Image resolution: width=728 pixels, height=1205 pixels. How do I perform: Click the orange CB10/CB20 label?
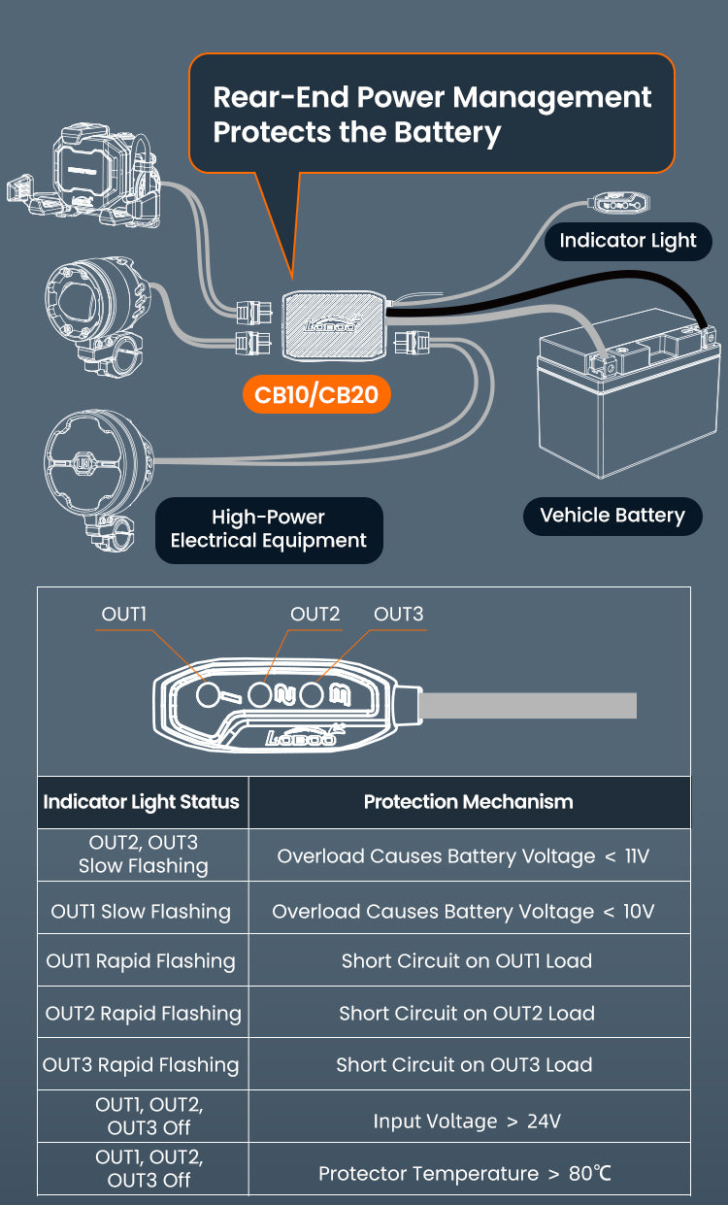[x=317, y=394]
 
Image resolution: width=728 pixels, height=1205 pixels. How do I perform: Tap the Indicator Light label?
[x=627, y=241]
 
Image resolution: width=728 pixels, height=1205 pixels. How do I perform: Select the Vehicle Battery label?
[x=612, y=516]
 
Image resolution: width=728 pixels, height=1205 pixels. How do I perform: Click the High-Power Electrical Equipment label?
[x=269, y=529]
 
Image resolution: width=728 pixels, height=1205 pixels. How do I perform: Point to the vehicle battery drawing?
[x=626, y=408]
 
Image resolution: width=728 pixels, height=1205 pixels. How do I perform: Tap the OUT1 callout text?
[x=124, y=614]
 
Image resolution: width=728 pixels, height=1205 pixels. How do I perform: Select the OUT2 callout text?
[x=315, y=614]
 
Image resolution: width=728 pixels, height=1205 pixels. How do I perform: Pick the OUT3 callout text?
[x=399, y=614]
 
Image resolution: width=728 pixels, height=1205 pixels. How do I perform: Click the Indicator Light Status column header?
[x=142, y=802]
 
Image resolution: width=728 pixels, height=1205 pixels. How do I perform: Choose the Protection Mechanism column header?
[x=468, y=802]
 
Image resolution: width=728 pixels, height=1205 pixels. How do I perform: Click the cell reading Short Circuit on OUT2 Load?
[x=467, y=1013]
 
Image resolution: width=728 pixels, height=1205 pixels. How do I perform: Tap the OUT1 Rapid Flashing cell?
[x=142, y=961]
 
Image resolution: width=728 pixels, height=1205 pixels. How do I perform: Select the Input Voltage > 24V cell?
[x=467, y=1121]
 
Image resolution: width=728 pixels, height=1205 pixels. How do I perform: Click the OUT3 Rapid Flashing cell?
[x=142, y=1065]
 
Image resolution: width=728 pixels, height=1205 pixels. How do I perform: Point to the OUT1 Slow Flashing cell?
[x=142, y=912]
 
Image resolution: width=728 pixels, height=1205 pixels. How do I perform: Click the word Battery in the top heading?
[x=443, y=131]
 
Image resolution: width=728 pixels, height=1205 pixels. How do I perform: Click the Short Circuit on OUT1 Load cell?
[x=467, y=961]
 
